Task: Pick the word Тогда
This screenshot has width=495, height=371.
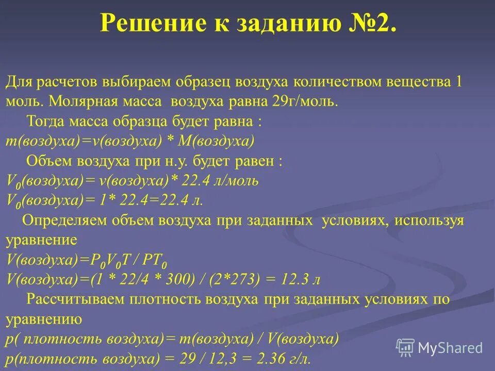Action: click(43, 123)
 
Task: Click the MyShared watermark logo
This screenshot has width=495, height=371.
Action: click(440, 348)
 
